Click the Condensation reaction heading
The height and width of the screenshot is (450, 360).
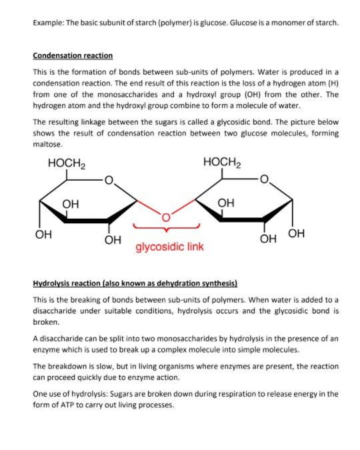pyautogui.click(x=73, y=55)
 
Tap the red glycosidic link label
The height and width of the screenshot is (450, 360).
pyautogui.click(x=170, y=247)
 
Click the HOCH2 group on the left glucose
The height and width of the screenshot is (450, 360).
pyautogui.click(x=66, y=163)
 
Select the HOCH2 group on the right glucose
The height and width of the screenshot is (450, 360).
pyautogui.click(x=222, y=163)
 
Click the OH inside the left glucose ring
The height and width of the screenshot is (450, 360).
pyautogui.click(x=70, y=203)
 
